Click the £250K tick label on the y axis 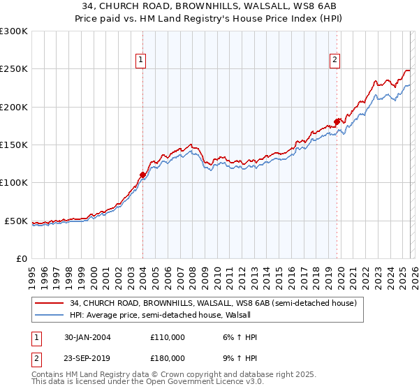click(13, 69)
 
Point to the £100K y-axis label click(13, 183)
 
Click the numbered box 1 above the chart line click(141, 61)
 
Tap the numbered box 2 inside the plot click(335, 61)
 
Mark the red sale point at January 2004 click(142, 175)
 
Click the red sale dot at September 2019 click(337, 121)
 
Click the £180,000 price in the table click(167, 360)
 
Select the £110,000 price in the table click(167, 337)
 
